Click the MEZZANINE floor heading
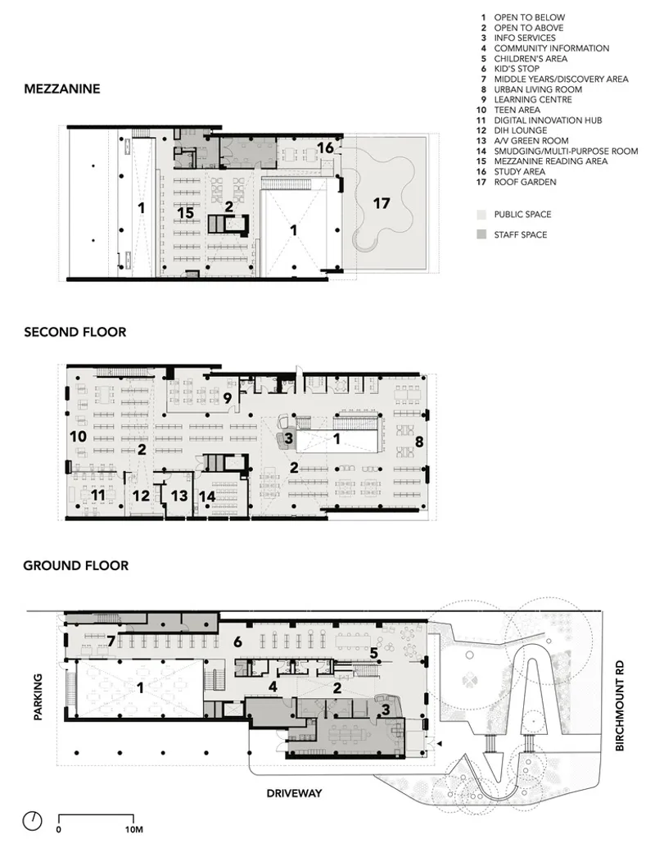point(62,88)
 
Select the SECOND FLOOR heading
point(75,332)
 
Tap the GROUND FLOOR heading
point(75,565)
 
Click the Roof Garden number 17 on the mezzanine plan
point(382,203)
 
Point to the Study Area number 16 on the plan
point(325,147)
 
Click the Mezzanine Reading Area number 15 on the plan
point(185,212)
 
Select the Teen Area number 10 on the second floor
point(79,436)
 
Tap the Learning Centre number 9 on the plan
point(228,398)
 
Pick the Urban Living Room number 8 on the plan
point(419,442)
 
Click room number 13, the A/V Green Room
point(179,496)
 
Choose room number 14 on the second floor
point(207,496)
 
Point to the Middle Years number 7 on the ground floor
point(111,642)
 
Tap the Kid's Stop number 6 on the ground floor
point(237,642)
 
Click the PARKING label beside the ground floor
point(38,696)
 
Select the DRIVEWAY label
point(294,793)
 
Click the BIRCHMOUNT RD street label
point(619,705)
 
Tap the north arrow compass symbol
point(33,820)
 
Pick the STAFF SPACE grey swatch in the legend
point(481,234)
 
